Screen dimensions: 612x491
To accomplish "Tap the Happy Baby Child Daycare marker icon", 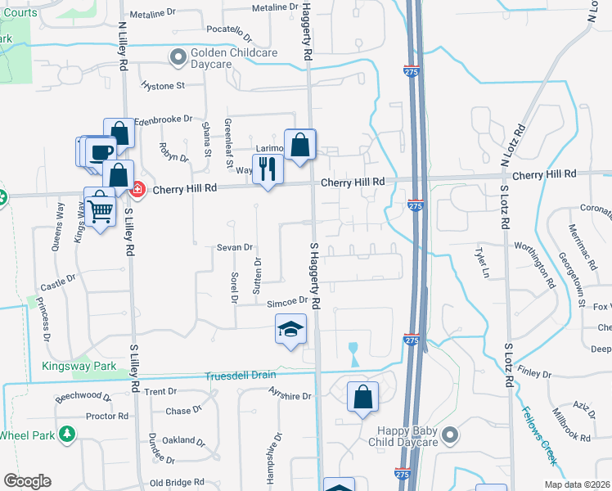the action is coord(448,435).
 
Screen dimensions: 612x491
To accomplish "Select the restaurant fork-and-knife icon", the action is coord(267,169).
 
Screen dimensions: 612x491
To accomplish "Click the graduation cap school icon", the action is coord(290,329).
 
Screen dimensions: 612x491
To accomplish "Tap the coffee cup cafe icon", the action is coord(101,152).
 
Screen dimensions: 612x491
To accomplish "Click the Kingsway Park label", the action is coord(80,366).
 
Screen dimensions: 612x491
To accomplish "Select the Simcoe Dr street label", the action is coord(286,301).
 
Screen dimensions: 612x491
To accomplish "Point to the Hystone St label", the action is coord(163,85).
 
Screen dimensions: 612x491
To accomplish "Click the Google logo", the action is coord(27,481).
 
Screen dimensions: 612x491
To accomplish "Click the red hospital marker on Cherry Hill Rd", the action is coord(137,189).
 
